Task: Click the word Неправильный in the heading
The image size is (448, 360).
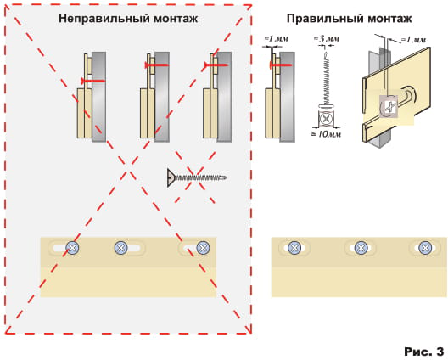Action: tap(104, 19)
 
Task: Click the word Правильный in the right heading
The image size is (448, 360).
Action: tap(325, 19)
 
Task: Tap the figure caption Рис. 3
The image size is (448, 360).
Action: tap(423, 352)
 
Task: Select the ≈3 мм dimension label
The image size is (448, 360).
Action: tap(327, 38)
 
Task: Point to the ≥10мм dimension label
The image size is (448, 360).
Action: tap(327, 134)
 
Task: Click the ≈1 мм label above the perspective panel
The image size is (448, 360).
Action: tap(413, 40)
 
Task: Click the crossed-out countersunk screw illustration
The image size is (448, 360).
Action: tap(197, 177)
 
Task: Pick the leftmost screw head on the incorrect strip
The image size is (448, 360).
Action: tap(73, 248)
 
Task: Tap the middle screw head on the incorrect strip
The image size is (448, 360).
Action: tap(121, 248)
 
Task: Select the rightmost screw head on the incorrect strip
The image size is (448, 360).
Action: tap(203, 248)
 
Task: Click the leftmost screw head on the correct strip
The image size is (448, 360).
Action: tap(294, 248)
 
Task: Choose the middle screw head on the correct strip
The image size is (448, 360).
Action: tap(361, 248)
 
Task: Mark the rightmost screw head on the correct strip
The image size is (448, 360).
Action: tap(425, 248)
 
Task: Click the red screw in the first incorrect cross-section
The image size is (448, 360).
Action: tap(93, 82)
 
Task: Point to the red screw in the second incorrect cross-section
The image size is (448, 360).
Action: tap(157, 65)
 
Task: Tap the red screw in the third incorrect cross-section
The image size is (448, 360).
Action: tap(216, 65)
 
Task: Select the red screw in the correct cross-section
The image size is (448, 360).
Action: tap(281, 65)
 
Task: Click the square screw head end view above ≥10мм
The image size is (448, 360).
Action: tap(326, 118)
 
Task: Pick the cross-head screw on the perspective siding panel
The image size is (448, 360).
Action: tap(389, 107)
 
